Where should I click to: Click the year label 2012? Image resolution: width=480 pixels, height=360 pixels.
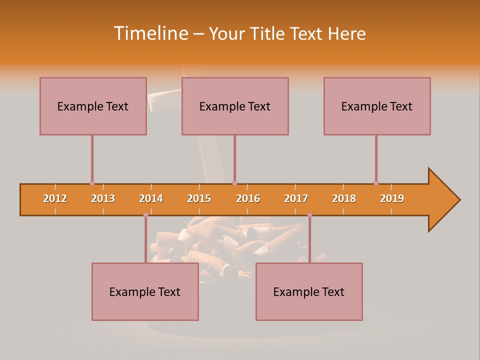pyautogui.click(x=55, y=198)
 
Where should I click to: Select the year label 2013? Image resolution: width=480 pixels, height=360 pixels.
pyautogui.click(x=103, y=198)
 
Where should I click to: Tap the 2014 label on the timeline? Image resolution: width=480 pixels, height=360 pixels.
pyautogui.click(x=151, y=198)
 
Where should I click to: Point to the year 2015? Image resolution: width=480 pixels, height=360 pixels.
pyautogui.click(x=199, y=198)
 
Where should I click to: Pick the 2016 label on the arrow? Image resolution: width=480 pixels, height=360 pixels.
pyautogui.click(x=248, y=198)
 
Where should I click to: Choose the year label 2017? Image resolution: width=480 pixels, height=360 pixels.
pyautogui.click(x=296, y=198)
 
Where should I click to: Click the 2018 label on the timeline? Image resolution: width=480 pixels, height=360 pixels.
pyautogui.click(x=344, y=198)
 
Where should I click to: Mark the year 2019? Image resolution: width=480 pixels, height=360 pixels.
pyautogui.click(x=392, y=198)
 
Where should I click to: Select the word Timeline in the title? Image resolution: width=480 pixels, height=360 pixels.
pyautogui.click(x=149, y=33)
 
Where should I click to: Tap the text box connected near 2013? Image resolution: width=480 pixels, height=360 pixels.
pyautogui.click(x=93, y=106)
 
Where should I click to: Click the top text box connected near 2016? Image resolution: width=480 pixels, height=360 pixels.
pyautogui.click(x=235, y=106)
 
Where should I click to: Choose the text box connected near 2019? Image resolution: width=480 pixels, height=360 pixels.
pyautogui.click(x=377, y=106)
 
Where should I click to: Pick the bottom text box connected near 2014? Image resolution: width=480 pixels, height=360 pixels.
pyautogui.click(x=145, y=292)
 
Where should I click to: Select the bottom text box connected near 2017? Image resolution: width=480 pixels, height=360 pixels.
pyautogui.click(x=309, y=292)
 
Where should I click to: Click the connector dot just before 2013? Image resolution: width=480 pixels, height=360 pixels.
pyautogui.click(x=92, y=183)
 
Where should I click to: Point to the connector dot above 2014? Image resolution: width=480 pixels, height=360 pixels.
pyautogui.click(x=145, y=214)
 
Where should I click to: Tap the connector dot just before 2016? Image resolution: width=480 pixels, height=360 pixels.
pyautogui.click(x=234, y=183)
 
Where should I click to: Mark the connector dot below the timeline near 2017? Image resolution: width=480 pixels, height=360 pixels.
pyautogui.click(x=309, y=214)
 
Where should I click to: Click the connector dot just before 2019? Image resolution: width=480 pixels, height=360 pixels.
pyautogui.click(x=376, y=183)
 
